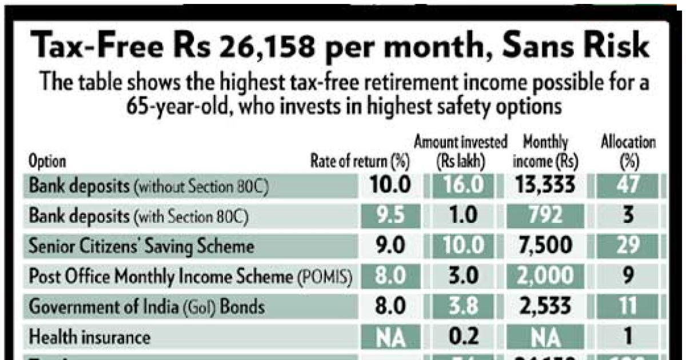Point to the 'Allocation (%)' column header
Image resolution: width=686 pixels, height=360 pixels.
coord(628,152)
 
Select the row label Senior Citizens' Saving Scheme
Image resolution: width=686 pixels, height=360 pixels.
coord(142,247)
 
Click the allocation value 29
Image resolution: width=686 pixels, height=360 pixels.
coord(628,247)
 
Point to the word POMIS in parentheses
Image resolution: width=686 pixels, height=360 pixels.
coord(325,278)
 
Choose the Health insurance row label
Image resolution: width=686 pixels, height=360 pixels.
coord(90,337)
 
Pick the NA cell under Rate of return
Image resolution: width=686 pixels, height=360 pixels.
coord(390,337)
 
